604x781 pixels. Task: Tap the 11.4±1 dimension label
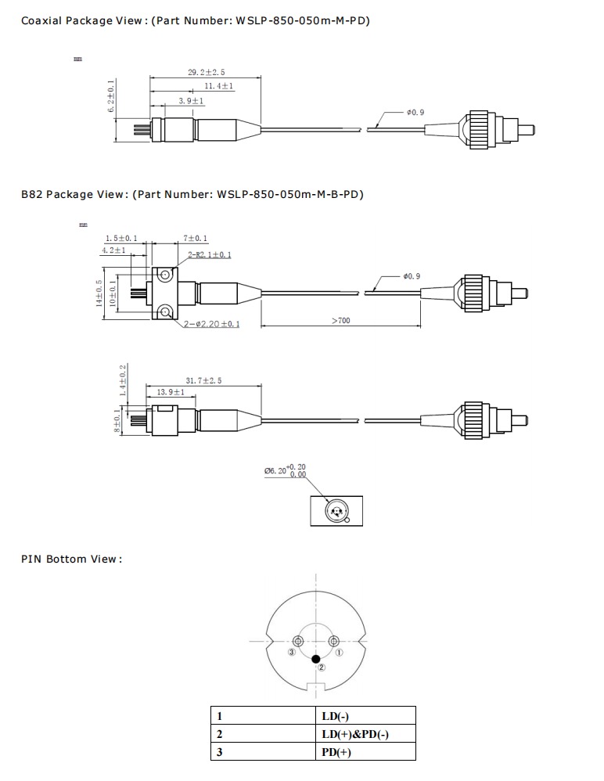tap(220, 86)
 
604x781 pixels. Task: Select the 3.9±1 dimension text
tap(191, 101)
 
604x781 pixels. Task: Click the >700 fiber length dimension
tap(341, 321)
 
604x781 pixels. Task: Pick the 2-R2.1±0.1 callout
tap(209, 255)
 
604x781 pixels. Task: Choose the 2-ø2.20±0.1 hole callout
tap(212, 325)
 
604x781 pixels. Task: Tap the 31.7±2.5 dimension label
tap(203, 380)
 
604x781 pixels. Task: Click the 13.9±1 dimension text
tap(171, 392)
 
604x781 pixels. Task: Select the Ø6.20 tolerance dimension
tap(286, 470)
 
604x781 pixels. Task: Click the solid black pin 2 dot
tap(316, 658)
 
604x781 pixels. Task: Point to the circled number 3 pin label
tap(292, 651)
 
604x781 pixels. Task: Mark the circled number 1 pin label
tap(339, 651)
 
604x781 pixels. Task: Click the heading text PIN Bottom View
tap(71, 559)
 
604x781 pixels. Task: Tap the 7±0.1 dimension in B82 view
tap(196, 238)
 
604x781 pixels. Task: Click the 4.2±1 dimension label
tap(114, 250)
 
